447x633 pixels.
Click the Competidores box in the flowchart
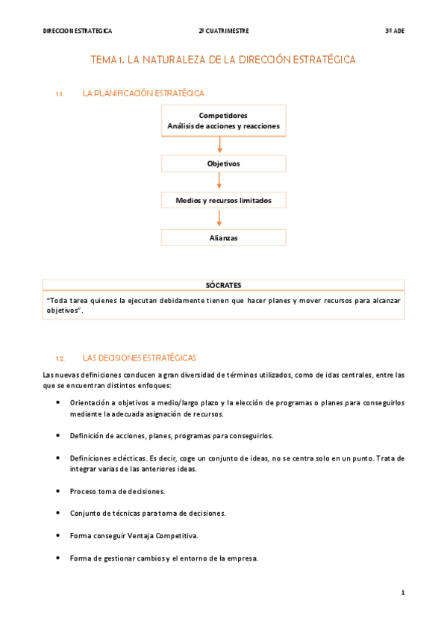[x=223, y=121]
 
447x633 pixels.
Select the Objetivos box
[x=223, y=163]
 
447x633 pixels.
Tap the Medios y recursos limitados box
[x=223, y=201]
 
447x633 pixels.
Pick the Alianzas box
[x=223, y=238]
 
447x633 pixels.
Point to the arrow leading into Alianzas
[x=219, y=219]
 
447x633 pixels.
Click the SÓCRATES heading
[x=223, y=285]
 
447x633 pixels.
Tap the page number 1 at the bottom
[x=402, y=593]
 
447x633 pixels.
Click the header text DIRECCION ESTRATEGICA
[x=78, y=31]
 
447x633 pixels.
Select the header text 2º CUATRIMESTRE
[x=224, y=31]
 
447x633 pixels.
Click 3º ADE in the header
[x=394, y=31]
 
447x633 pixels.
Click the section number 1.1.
[x=60, y=94]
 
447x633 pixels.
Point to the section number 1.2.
[x=60, y=358]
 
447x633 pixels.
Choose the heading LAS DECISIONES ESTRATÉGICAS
[x=140, y=358]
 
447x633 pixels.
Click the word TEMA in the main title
[x=105, y=59]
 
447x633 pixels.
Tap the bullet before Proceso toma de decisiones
[x=59, y=491]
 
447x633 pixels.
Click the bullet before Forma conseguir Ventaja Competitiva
[x=59, y=535]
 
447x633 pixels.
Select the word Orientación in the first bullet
[x=90, y=403]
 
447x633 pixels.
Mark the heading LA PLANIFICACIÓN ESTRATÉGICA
[x=143, y=93]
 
